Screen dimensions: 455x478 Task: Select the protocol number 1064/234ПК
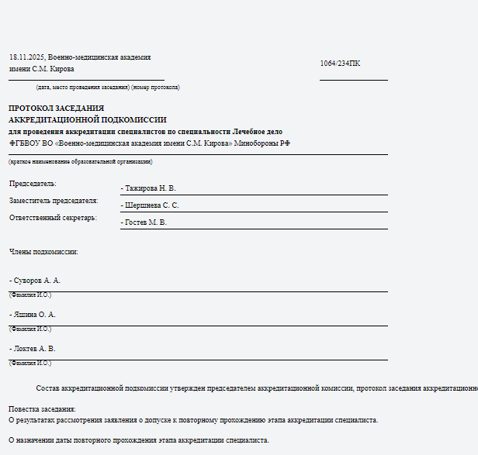[340, 63]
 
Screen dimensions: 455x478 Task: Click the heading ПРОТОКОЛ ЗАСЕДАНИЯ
[56, 109]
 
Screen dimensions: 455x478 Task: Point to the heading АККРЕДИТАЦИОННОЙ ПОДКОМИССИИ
[87, 120]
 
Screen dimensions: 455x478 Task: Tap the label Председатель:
[33, 184]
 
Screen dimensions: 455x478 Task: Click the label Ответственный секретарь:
[53, 218]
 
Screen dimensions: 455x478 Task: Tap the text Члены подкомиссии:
[43, 252]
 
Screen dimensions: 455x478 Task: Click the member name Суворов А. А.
[36, 280]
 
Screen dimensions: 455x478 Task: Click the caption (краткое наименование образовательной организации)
[81, 161]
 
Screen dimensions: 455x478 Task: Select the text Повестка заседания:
[43, 408]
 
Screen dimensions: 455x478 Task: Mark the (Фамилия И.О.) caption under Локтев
[30, 363]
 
